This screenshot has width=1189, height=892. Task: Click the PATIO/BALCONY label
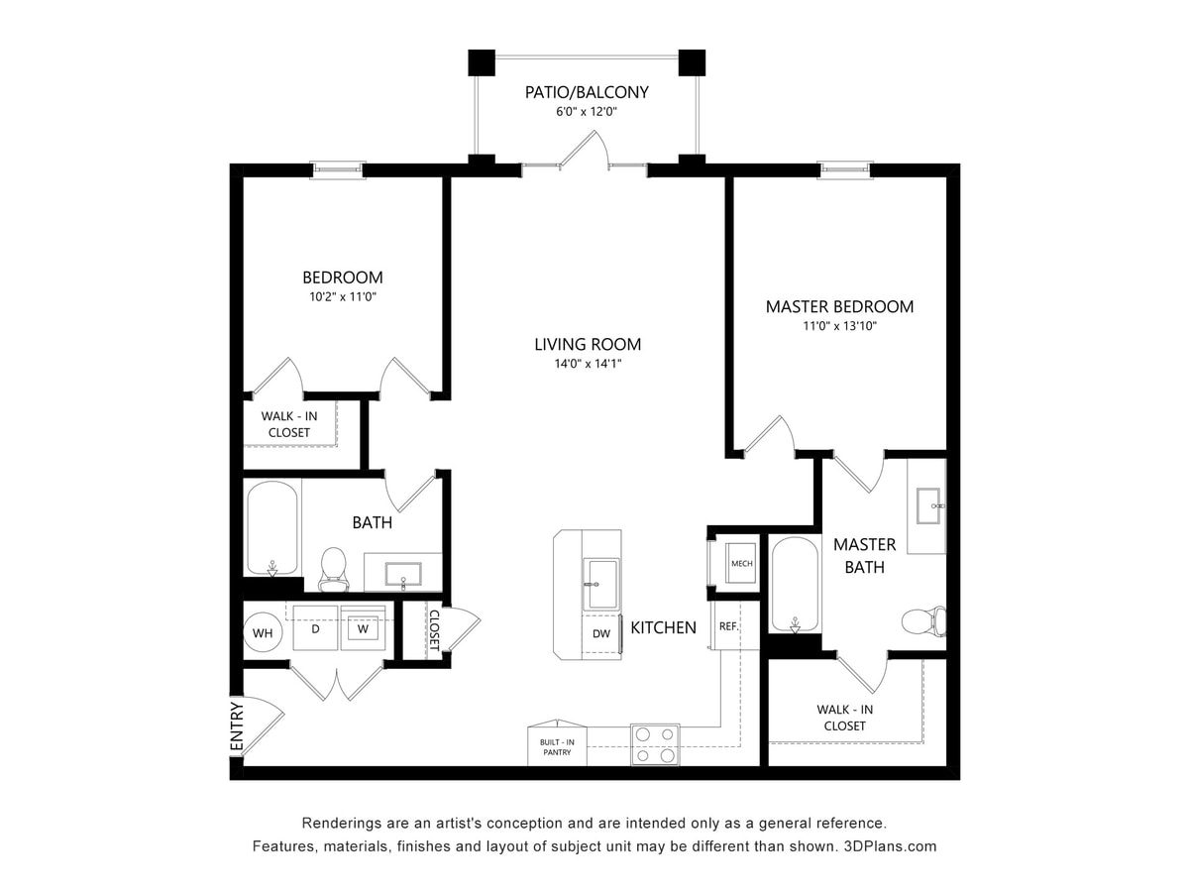(587, 92)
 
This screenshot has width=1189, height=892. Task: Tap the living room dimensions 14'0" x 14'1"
(587, 364)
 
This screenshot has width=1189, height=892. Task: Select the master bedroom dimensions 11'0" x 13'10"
(839, 326)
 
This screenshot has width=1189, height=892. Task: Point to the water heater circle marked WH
(263, 632)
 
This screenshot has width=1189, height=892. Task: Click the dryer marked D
(315, 629)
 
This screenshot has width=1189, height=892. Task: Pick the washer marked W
(363, 629)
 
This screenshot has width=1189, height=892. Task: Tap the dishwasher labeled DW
(600, 633)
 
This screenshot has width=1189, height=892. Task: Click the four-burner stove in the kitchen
(655, 744)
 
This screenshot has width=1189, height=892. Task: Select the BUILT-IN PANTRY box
(556, 746)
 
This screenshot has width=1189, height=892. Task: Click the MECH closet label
(741, 564)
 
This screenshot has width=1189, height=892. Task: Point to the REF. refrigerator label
(728, 626)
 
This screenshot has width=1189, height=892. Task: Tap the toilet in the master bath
(923, 622)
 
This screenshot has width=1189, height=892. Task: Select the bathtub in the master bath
(795, 585)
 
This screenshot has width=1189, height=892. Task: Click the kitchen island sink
(600, 584)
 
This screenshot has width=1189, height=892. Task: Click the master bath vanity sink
(928, 505)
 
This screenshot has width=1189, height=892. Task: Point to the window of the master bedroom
(845, 170)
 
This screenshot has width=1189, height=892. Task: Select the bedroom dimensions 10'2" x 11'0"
(342, 296)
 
